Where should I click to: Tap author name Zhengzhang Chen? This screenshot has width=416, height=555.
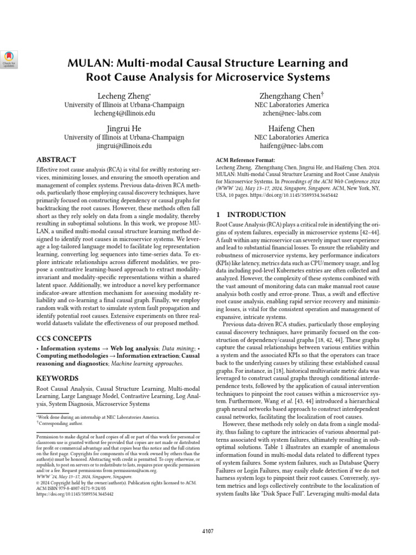coord(291,95)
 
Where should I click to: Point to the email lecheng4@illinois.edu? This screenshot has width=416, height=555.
coord(124,114)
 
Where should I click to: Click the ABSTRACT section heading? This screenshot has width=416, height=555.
coord(56,160)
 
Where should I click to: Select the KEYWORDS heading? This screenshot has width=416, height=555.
coord(57,378)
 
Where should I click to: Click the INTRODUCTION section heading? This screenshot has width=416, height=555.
coord(251,215)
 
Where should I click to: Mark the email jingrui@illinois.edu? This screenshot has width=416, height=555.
coord(124,146)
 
